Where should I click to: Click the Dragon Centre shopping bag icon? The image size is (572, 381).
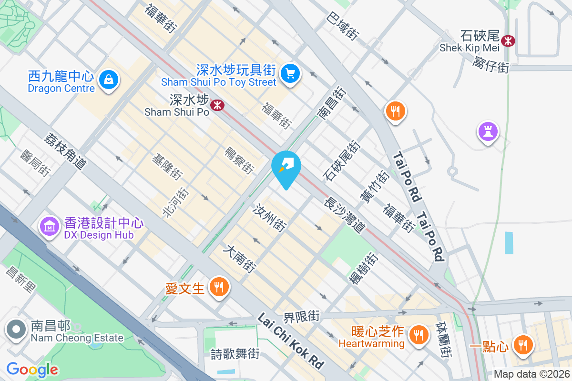[109, 79]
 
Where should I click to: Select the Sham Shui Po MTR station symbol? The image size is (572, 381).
[217, 105]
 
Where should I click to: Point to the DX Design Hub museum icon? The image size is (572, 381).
[50, 226]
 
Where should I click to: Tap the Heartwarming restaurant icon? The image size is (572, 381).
[419, 335]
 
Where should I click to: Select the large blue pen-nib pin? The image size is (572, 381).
[286, 167]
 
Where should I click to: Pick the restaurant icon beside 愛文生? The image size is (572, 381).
[219, 287]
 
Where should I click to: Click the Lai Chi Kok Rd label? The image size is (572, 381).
[291, 340]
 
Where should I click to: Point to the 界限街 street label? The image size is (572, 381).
[301, 316]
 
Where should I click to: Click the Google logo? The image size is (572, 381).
[32, 369]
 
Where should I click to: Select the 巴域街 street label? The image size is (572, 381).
[342, 26]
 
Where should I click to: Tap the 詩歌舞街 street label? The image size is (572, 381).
[235, 354]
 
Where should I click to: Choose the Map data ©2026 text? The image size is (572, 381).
[531, 374]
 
